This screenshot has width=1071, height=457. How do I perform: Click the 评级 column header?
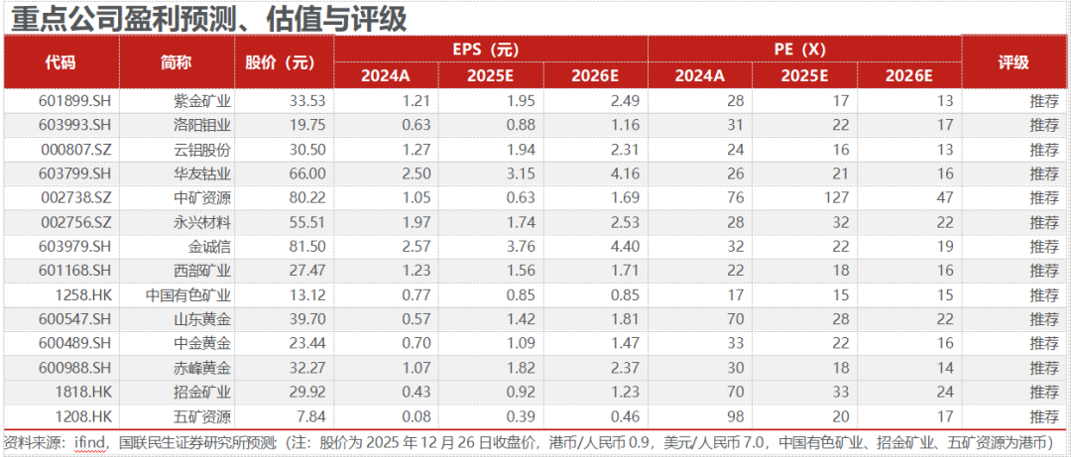pos(1014,62)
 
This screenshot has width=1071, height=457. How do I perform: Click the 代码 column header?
pos(60,62)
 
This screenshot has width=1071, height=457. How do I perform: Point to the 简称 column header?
pos(176,62)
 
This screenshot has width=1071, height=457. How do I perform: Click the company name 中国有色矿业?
pos(189,294)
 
